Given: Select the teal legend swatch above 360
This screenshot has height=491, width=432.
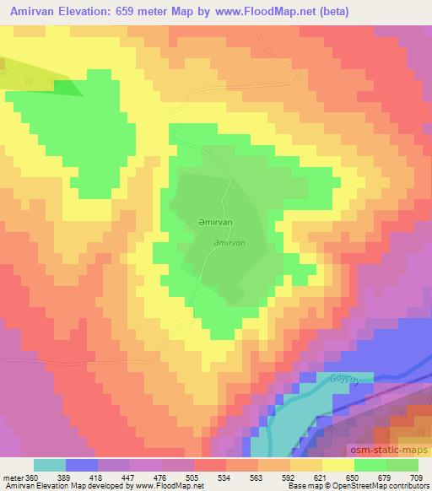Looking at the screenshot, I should click(x=51, y=465).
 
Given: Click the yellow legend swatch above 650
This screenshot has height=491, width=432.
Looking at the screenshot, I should click(x=339, y=465).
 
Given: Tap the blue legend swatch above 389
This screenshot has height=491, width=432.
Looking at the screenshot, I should click(x=82, y=465).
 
